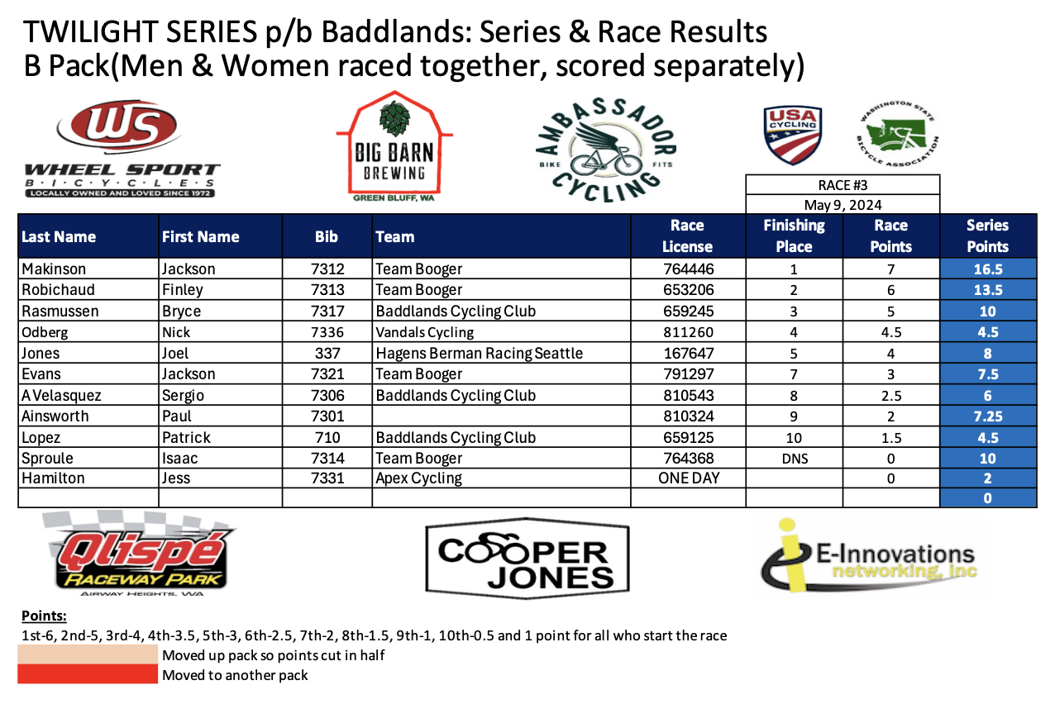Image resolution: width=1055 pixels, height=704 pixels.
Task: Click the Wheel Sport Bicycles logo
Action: pos(122,148)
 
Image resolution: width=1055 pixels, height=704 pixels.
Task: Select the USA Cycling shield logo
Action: pos(793,135)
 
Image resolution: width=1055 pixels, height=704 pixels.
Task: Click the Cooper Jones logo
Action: pos(527,559)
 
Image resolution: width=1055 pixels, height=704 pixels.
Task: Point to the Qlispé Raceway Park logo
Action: pos(138,554)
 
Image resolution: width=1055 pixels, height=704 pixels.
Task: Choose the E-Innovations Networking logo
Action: pos(869,556)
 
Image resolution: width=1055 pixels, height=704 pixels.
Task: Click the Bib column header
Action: pos(327,236)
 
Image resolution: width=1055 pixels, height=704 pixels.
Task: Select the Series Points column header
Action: pos(988,235)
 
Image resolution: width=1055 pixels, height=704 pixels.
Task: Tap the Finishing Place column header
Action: pos(794,235)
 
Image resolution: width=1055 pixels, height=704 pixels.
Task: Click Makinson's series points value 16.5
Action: pos(988,269)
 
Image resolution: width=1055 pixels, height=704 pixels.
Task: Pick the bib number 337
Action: pos(327,353)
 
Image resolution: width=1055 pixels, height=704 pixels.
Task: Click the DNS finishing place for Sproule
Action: pos(795,459)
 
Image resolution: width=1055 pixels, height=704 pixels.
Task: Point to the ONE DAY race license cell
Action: pos(689,478)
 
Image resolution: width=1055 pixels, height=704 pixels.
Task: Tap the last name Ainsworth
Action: pos(55,416)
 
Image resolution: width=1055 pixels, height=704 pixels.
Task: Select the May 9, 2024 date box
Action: pos(843,205)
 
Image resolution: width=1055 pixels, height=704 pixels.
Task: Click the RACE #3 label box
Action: pos(843,185)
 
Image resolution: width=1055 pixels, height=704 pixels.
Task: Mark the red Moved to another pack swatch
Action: pos(88,674)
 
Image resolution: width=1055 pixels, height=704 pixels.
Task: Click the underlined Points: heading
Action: pos(44,616)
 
